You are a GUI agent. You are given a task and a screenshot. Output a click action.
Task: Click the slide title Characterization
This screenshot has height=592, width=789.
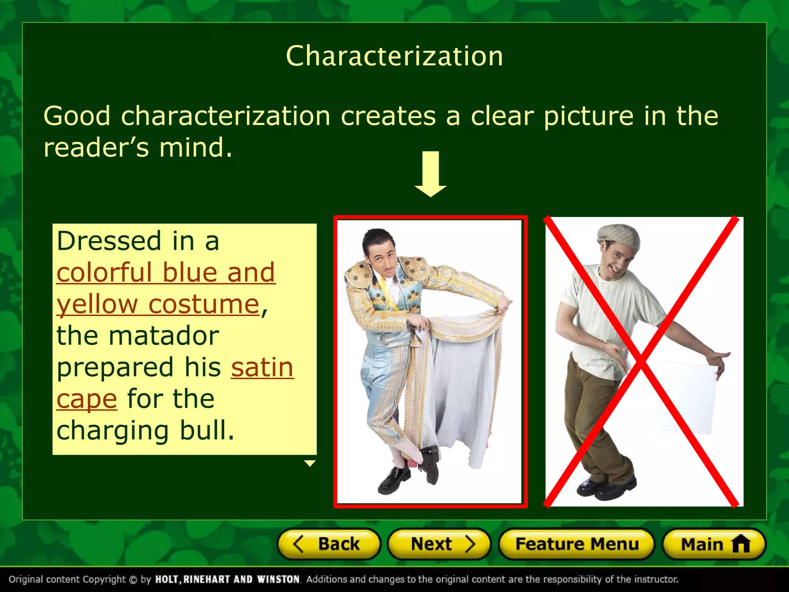(x=394, y=56)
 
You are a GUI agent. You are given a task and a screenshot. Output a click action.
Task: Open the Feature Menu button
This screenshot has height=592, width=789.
(x=577, y=544)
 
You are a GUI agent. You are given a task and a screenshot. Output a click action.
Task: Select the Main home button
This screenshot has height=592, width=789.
(x=714, y=544)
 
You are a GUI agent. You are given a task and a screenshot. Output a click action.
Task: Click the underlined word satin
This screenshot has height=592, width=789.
(x=262, y=367)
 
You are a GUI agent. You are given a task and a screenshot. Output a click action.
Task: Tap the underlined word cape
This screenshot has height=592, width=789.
(x=87, y=399)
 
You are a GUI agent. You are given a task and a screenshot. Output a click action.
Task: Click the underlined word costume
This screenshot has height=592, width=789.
(x=203, y=304)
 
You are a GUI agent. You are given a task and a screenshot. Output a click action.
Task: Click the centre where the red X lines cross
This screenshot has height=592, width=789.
(x=641, y=362)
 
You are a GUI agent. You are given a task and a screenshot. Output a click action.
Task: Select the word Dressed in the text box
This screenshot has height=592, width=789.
(x=109, y=241)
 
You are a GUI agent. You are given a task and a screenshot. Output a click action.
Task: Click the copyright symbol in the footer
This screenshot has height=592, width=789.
(x=133, y=579)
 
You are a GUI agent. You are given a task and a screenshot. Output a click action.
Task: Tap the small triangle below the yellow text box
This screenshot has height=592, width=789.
(x=310, y=463)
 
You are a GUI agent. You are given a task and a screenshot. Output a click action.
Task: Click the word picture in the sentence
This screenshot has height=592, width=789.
(x=589, y=116)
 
